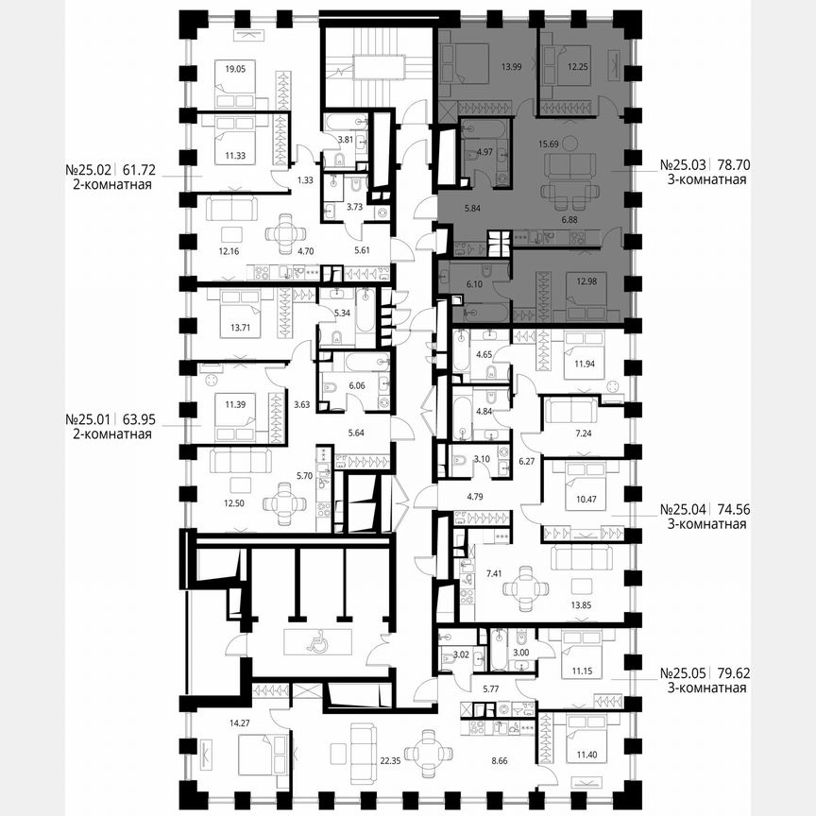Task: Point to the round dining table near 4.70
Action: click(284, 230)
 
